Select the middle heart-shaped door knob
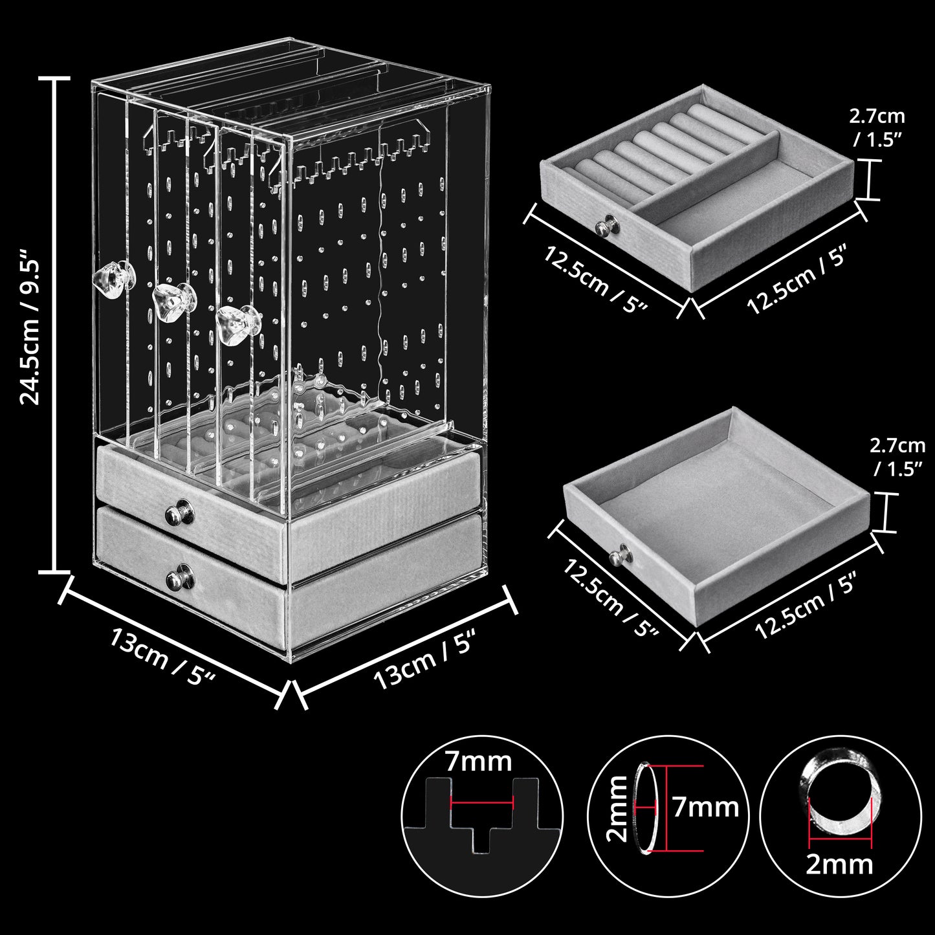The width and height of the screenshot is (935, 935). [173, 305]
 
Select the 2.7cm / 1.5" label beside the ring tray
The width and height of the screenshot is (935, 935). [877, 127]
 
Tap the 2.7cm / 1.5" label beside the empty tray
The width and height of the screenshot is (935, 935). [897, 459]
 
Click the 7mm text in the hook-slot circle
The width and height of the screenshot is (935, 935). [478, 762]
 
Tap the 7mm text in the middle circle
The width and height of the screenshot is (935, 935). [705, 808]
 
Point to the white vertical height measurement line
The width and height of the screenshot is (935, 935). [55, 325]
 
